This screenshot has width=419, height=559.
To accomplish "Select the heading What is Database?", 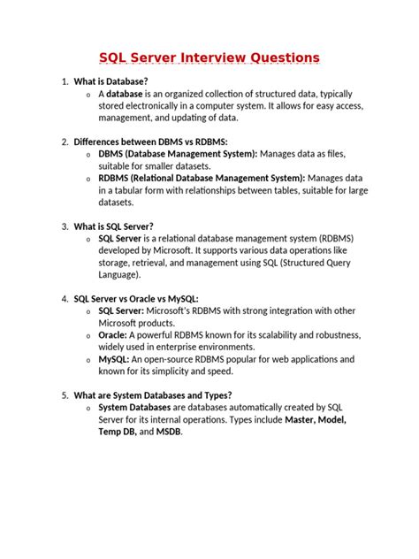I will [110, 81].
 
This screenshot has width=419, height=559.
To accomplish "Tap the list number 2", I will [65, 142].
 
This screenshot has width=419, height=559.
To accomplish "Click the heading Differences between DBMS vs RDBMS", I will [150, 142].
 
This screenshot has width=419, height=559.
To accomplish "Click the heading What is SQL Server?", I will [114, 226].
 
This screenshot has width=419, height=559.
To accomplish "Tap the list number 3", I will [65, 226].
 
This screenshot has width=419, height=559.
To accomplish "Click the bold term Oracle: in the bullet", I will [112, 336].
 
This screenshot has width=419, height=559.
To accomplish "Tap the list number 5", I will [65, 395].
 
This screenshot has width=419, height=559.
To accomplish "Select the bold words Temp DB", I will [118, 432].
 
